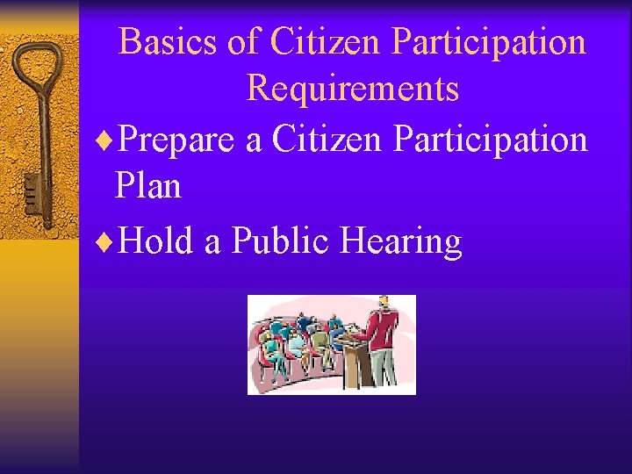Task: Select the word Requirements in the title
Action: tap(353, 88)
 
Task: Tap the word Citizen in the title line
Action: tap(327, 41)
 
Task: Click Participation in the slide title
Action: tap(489, 41)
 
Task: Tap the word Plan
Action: tap(147, 186)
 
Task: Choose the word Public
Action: tap(280, 241)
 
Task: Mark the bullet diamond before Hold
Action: tap(108, 242)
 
